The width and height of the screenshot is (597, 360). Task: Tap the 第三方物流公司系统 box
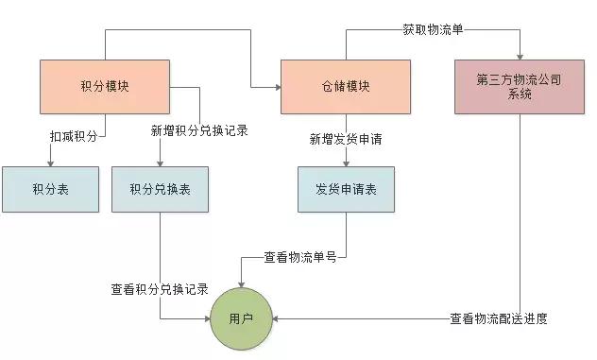tap(519, 87)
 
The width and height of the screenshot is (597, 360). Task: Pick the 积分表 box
tap(50, 189)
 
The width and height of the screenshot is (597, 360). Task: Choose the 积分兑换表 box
tap(160, 189)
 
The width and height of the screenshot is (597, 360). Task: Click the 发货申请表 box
tap(346, 189)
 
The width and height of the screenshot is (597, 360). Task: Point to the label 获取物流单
tap(433, 29)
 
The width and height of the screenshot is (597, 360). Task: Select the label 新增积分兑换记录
tap(199, 130)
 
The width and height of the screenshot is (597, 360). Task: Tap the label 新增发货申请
tap(346, 140)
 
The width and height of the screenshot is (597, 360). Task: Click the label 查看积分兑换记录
tap(159, 290)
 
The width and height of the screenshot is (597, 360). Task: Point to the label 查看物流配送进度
tap(498, 318)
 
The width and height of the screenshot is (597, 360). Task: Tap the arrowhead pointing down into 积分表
tap(50, 163)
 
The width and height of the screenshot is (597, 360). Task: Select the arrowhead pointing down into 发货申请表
tap(346, 163)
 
